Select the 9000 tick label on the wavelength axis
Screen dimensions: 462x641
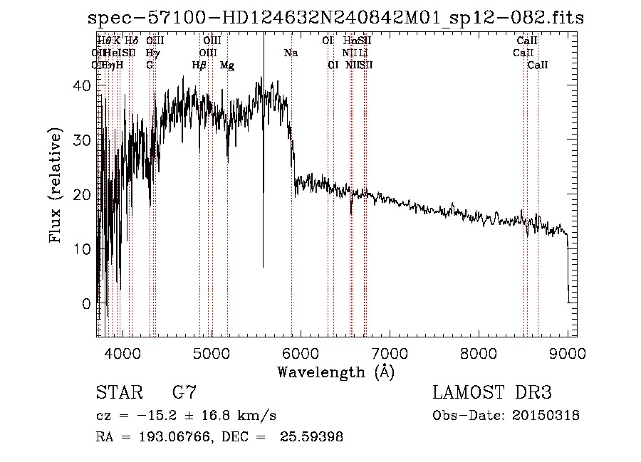pos(567,352)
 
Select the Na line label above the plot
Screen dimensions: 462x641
pos(291,53)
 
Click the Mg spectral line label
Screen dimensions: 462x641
pos(227,65)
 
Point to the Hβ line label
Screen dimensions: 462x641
pos(199,65)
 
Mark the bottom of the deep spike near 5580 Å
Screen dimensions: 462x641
pos(263,267)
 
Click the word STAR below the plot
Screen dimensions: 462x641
pos(115,393)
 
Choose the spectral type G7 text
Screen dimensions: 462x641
pos(184,393)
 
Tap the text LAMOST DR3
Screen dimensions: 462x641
pos(491,393)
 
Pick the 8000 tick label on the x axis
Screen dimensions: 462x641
pos(478,352)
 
